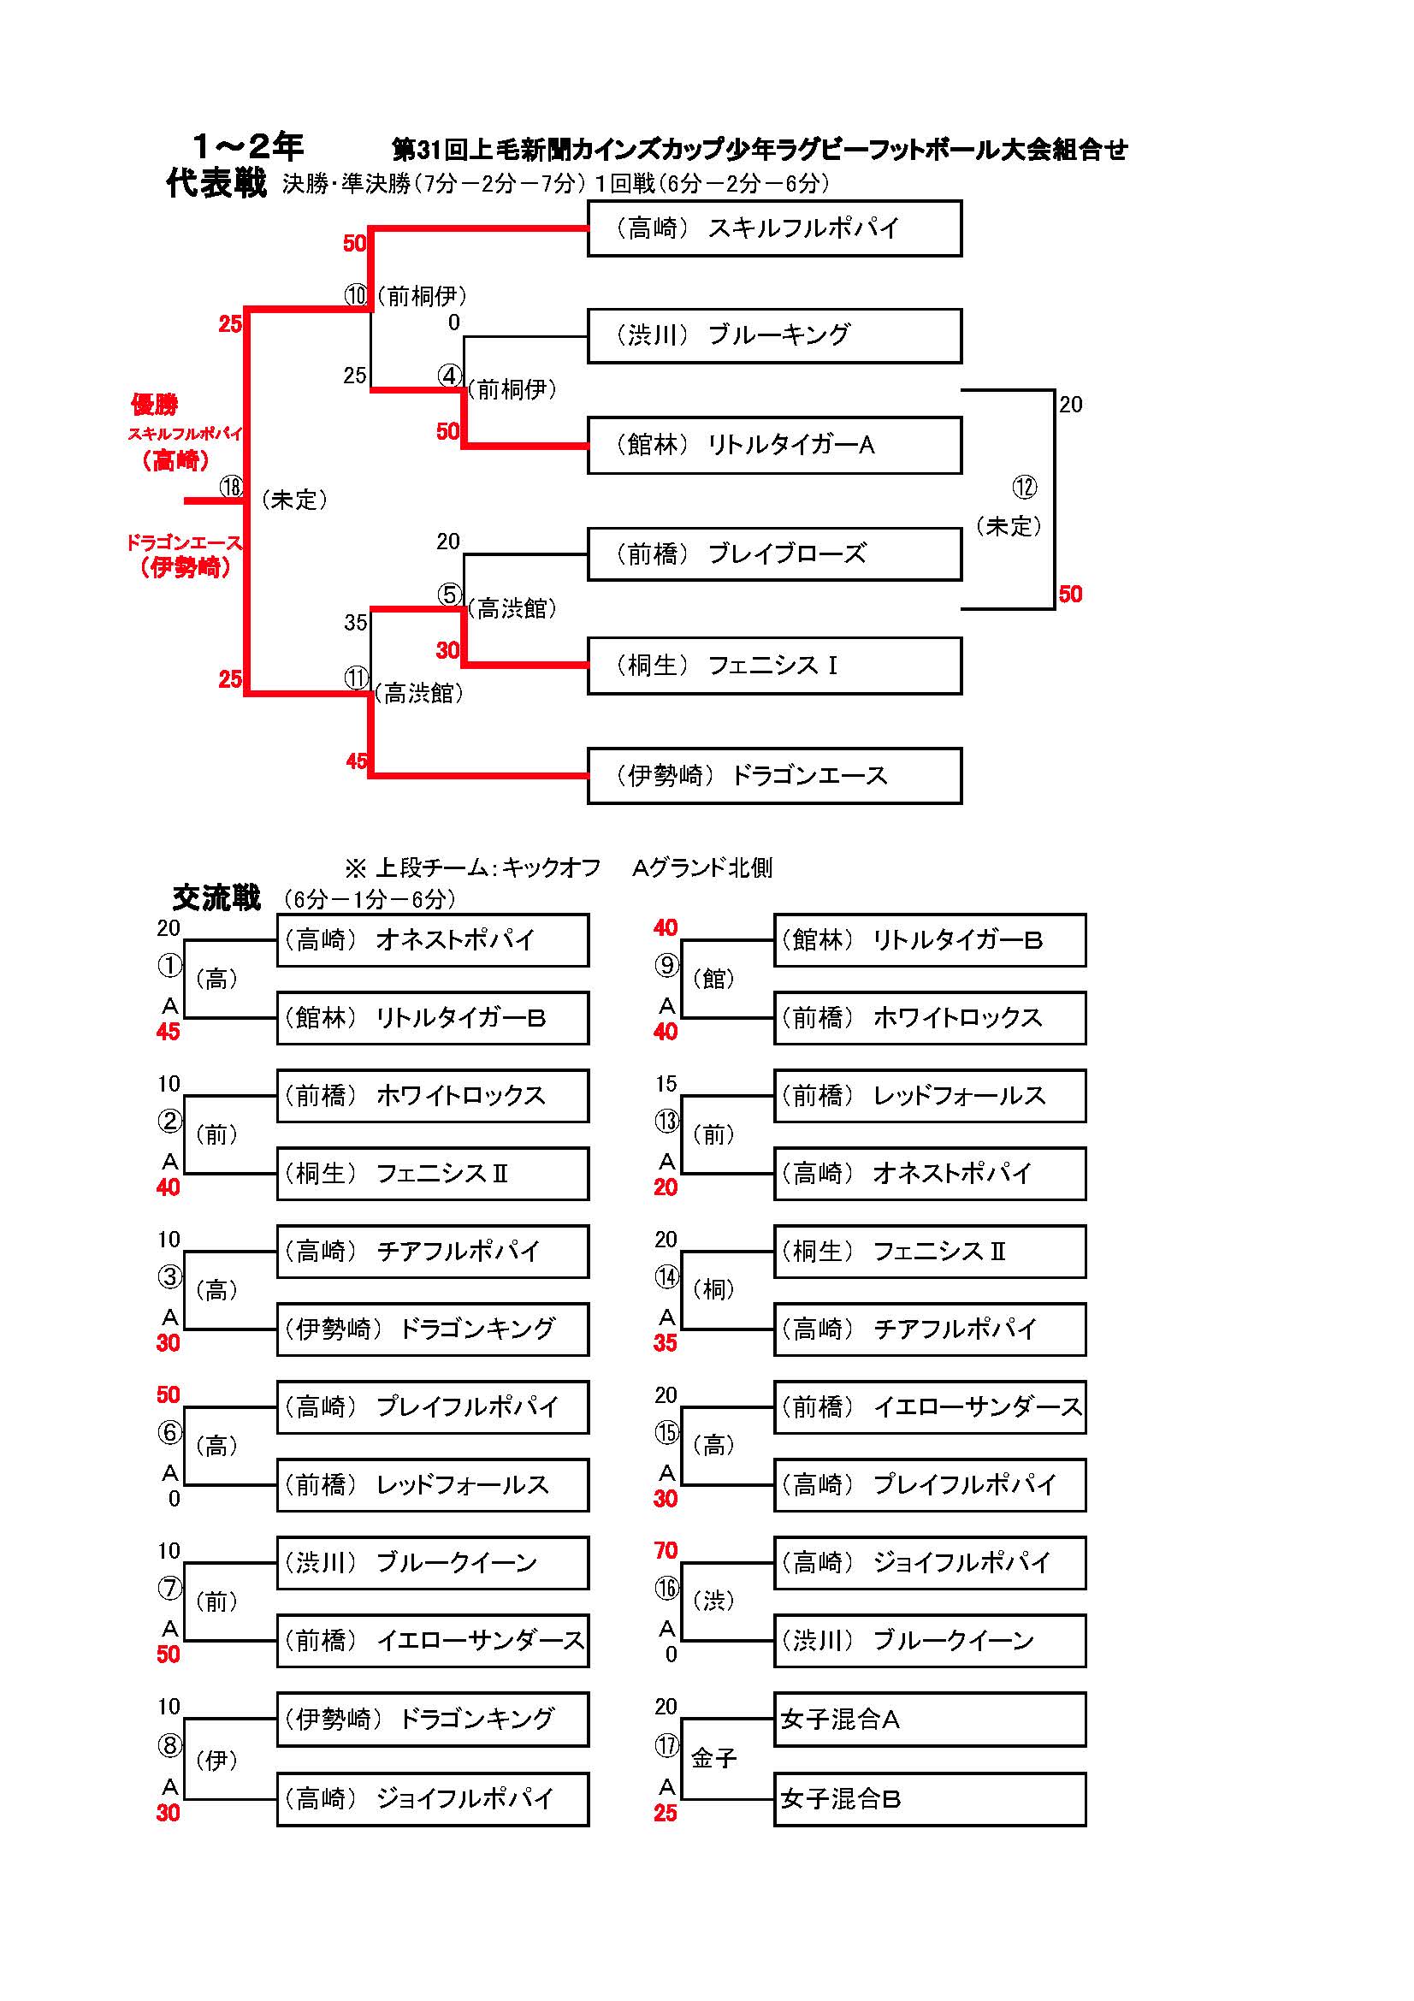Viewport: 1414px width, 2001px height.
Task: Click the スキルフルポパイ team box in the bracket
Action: click(773, 228)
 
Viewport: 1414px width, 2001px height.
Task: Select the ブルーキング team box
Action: click(773, 335)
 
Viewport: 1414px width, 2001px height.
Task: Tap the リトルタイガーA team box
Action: click(773, 446)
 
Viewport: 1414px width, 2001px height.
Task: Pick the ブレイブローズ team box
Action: click(773, 554)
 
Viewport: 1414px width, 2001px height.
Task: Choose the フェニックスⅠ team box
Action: click(773, 666)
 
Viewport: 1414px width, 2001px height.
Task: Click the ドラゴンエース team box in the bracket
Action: click(773, 776)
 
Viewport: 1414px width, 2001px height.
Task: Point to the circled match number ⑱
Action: click(231, 486)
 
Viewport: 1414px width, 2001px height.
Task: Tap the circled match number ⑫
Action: click(1025, 486)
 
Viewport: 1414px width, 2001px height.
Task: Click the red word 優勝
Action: click(154, 405)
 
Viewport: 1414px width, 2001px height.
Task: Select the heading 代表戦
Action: click(216, 183)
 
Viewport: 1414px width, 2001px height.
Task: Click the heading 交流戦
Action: click(216, 897)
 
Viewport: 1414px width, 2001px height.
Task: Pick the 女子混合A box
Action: click(930, 1720)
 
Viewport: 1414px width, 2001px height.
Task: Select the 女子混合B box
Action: click(930, 1798)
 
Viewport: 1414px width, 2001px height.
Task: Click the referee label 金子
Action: click(713, 1759)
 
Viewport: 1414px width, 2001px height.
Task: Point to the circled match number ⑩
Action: click(356, 295)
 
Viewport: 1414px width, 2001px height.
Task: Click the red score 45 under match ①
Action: click(169, 1032)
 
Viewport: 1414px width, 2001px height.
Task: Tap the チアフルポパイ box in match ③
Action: click(432, 1252)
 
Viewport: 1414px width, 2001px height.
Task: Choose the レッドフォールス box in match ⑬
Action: click(930, 1096)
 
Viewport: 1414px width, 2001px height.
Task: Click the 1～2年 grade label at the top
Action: click(247, 145)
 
